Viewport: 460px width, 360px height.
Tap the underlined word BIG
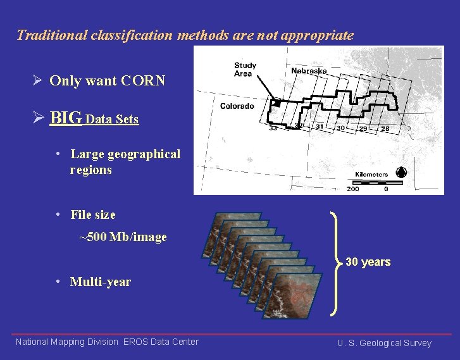click(66, 118)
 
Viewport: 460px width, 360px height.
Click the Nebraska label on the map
click(309, 71)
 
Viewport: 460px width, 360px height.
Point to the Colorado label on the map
click(237, 106)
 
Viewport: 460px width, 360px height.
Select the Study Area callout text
click(245, 69)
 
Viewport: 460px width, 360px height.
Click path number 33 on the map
click(273, 128)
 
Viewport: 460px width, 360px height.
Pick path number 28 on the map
click(385, 128)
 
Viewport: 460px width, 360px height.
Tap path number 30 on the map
click(340, 128)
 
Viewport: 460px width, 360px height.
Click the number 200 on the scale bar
click(352, 189)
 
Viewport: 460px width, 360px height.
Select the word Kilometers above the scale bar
click(371, 174)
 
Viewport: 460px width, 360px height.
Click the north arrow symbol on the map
click(400, 172)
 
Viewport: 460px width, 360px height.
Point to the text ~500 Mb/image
click(123, 237)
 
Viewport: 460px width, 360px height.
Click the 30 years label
click(368, 262)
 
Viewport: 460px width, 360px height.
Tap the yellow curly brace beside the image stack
click(336, 262)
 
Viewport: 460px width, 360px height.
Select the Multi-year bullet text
click(101, 282)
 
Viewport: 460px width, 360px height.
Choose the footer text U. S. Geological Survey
click(384, 343)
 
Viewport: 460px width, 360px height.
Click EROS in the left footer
click(135, 342)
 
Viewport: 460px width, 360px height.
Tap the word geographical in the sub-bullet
click(144, 154)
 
